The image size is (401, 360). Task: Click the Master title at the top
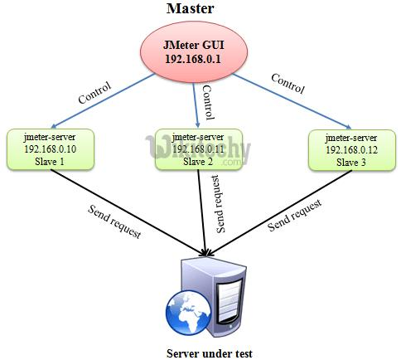point(191,8)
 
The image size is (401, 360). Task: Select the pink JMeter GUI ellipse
point(194,52)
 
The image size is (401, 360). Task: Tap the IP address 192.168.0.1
point(193,59)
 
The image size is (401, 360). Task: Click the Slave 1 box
point(51,149)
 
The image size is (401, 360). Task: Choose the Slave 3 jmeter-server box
point(352,150)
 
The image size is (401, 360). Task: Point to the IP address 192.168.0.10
point(51,149)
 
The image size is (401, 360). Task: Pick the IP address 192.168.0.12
point(352,150)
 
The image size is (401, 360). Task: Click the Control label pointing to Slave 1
point(94,93)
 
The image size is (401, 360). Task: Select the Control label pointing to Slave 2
point(209,102)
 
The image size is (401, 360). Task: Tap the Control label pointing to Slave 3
point(288,84)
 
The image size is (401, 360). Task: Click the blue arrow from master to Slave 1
point(103,100)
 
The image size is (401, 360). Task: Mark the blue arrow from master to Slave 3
point(292,102)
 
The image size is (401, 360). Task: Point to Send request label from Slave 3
point(295,215)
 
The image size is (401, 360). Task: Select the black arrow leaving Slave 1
point(128,212)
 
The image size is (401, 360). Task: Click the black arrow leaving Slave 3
point(279,212)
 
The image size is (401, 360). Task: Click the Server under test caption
point(210,353)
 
